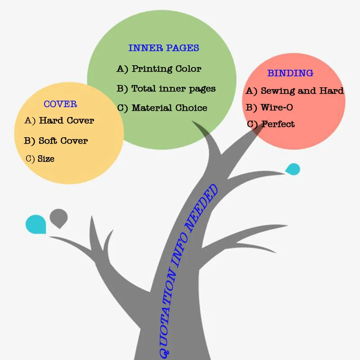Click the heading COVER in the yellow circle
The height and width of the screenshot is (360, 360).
[x=60, y=104]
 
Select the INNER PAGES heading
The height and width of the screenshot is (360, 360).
[x=163, y=48]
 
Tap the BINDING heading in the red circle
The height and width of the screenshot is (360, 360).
[x=290, y=73]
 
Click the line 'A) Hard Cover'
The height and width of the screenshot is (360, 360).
[x=59, y=121]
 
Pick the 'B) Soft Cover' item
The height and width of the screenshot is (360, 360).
[x=56, y=141]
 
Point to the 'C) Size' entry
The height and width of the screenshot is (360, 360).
[x=40, y=158]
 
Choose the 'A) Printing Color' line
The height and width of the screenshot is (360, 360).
[x=159, y=69]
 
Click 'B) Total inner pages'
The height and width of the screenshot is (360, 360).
[x=166, y=89]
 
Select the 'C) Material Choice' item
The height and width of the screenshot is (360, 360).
[x=162, y=108]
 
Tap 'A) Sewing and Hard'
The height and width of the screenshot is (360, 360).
[x=295, y=91]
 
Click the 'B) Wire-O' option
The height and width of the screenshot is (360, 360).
[x=270, y=108]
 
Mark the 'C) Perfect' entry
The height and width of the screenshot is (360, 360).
[x=271, y=124]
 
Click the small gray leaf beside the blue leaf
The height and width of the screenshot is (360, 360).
[x=58, y=217]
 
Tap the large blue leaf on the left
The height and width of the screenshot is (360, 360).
[x=36, y=224]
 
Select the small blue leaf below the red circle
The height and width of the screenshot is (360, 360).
[x=293, y=169]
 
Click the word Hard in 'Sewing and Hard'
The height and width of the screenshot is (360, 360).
[x=332, y=91]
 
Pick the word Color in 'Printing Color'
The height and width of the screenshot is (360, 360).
[x=189, y=69]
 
